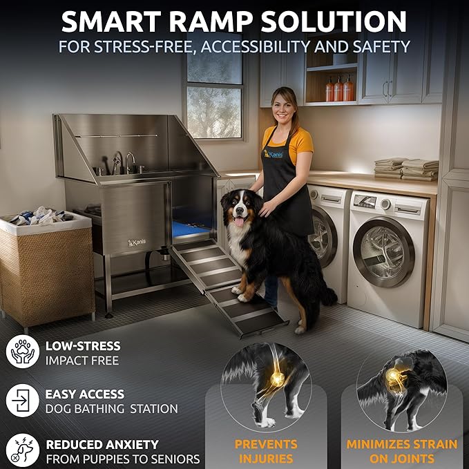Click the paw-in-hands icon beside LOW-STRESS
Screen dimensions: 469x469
tap(22, 351)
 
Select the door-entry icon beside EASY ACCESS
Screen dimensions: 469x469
tap(22, 400)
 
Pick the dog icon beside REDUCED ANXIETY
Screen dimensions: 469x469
tap(22, 451)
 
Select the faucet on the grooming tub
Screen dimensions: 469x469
tap(130, 163)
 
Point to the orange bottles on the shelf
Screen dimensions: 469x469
tap(339, 89)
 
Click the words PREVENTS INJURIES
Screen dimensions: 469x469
tap(266, 451)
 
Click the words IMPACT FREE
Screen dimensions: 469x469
tap(82, 360)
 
